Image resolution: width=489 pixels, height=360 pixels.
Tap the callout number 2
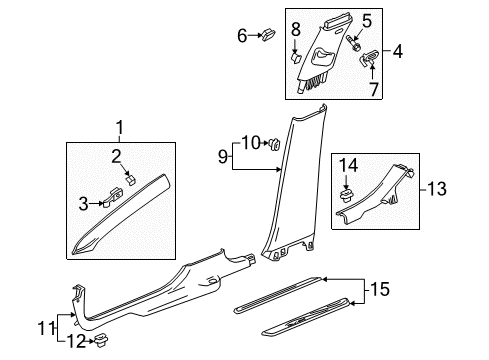click(116, 155)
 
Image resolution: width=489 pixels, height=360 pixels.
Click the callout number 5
click(366, 19)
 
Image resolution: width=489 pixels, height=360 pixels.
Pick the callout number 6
click(242, 36)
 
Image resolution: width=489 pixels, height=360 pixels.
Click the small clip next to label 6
click(267, 37)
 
